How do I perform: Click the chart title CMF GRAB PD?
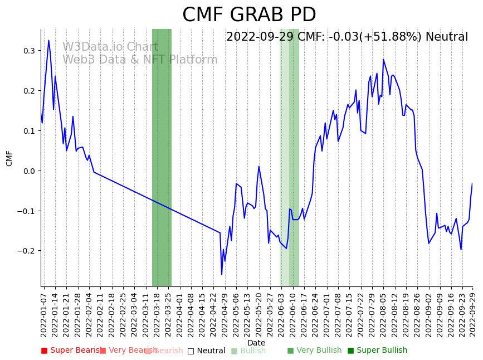[x=249, y=15]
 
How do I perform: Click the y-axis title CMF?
[x=9, y=158]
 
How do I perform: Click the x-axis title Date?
[x=256, y=343]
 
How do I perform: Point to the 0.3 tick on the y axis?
[x=28, y=51]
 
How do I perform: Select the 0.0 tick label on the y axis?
[x=28, y=171]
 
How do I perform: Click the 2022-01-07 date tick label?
[x=43, y=314]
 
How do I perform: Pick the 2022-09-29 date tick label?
[x=473, y=314]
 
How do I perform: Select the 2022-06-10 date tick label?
[x=292, y=314]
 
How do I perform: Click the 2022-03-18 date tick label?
[x=157, y=314]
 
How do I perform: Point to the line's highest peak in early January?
[x=48, y=40]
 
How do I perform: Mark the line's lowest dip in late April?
[x=222, y=274]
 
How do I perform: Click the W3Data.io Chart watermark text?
[x=110, y=47]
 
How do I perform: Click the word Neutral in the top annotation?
[x=447, y=37]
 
